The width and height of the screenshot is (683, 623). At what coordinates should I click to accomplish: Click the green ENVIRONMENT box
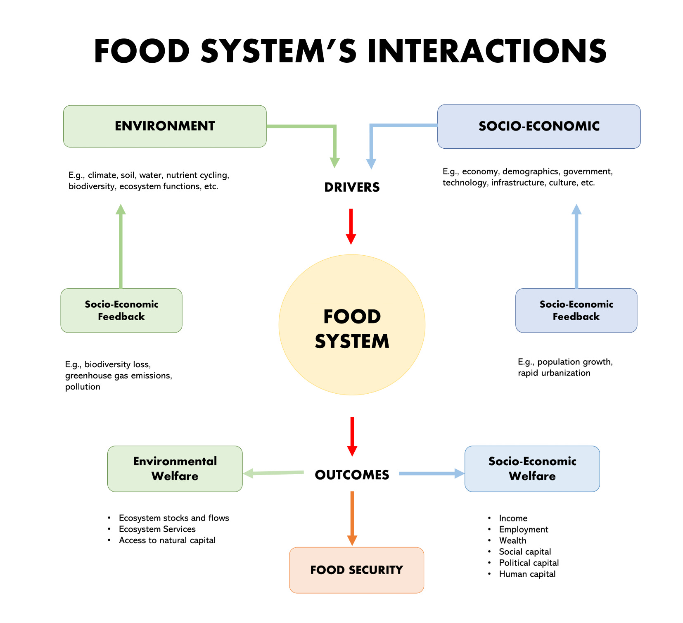point(165,126)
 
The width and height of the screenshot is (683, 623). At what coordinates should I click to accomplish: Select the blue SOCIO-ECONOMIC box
point(538,126)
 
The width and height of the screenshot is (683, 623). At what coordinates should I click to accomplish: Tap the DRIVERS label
point(352,187)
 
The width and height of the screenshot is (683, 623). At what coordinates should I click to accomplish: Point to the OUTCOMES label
point(352,475)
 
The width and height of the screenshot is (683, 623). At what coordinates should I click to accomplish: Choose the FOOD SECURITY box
point(356,570)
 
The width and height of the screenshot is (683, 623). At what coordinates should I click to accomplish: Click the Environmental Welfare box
point(175,468)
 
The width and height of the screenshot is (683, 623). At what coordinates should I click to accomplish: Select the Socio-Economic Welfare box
point(532,468)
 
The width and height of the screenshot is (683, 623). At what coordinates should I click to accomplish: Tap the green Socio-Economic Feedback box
point(121,310)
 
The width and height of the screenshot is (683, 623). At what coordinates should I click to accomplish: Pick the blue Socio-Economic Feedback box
point(576,310)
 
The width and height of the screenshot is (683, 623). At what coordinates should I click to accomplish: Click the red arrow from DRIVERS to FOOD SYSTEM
point(351,226)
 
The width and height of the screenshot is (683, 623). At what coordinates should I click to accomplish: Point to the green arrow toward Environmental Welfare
point(274,473)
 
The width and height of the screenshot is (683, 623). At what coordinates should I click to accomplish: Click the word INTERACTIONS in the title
point(487,51)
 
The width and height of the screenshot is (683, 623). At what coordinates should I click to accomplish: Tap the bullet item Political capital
point(529,563)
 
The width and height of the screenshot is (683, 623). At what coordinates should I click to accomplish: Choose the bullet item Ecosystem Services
point(157,529)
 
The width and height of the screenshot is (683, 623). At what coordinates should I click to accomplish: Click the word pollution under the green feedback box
point(83,387)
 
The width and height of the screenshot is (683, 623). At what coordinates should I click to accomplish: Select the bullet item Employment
point(523,529)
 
